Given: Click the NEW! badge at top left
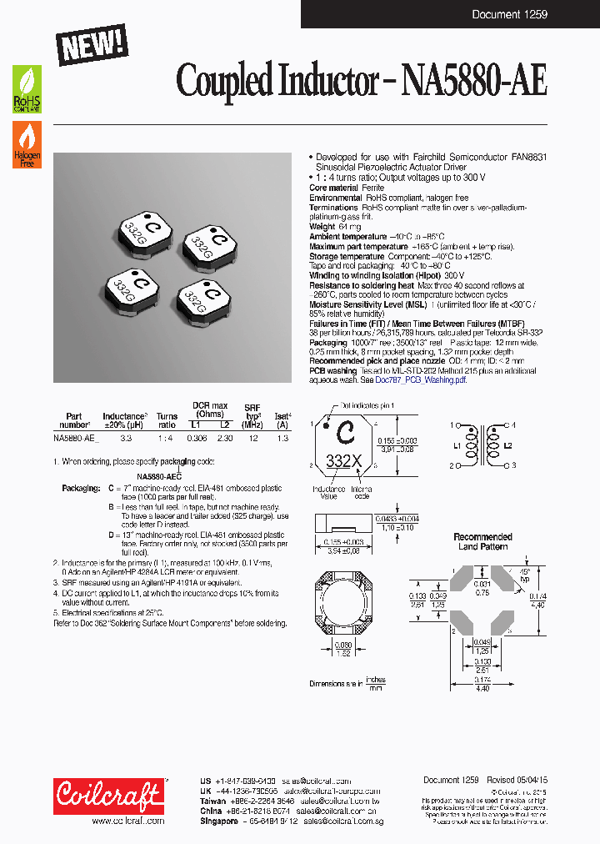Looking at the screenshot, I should tap(92, 43).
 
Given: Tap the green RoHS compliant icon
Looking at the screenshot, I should tap(27, 89).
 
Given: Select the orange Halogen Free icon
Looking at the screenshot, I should tap(27, 144).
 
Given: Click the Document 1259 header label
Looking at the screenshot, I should tap(511, 14).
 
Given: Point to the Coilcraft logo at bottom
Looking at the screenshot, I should tap(109, 796).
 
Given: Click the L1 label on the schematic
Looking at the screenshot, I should tap(457, 445).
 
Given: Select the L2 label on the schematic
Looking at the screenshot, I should tap(507, 445).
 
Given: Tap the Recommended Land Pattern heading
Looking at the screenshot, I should tap(482, 541).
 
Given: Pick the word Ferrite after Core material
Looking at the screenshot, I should tap(373, 188).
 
